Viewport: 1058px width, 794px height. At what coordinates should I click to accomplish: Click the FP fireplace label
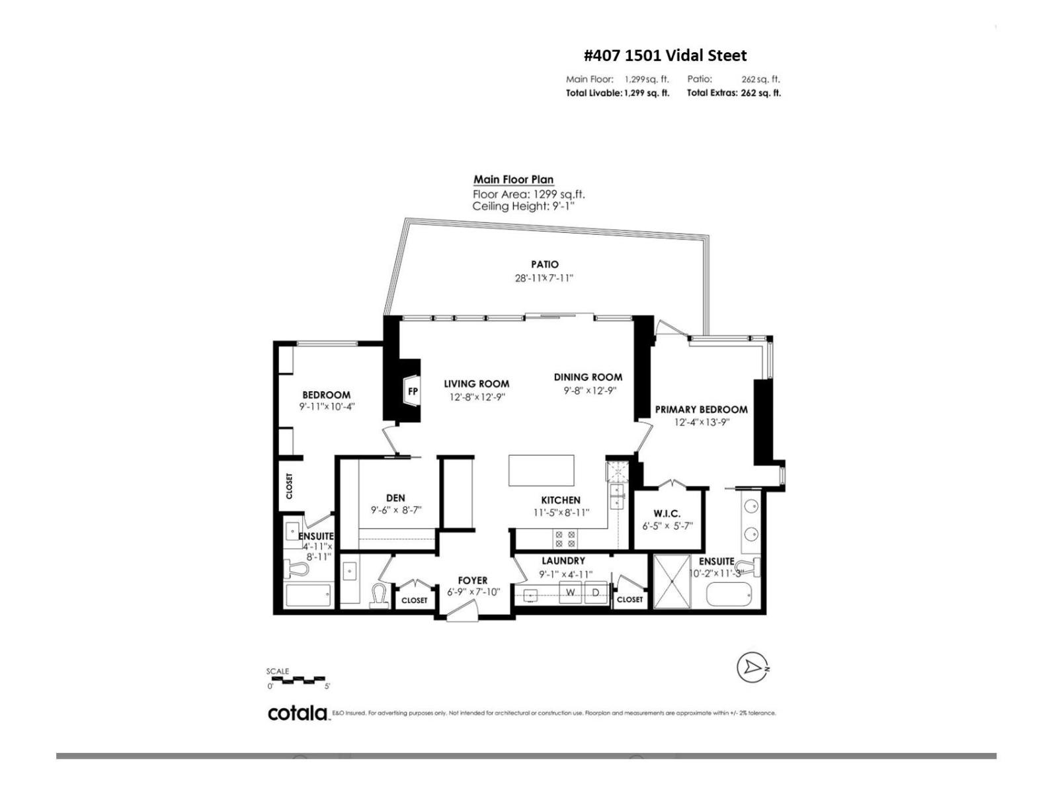click(413, 392)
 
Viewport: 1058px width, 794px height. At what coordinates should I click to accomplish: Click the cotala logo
click(298, 713)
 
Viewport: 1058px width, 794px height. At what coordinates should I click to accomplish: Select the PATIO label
click(544, 265)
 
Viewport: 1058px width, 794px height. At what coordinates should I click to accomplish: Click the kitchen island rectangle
click(541, 470)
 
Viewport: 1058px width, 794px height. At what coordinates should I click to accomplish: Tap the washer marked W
click(570, 593)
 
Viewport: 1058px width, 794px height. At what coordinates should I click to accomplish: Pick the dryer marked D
click(596, 593)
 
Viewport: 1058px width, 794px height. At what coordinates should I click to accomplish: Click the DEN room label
click(395, 498)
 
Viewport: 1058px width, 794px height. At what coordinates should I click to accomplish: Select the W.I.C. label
click(667, 514)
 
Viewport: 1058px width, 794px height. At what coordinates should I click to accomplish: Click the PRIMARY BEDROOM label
click(701, 410)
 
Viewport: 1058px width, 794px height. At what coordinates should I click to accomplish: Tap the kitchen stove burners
click(565, 539)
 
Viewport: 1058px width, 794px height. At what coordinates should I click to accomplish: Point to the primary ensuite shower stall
click(672, 582)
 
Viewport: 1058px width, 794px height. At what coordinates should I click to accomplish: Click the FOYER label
click(472, 580)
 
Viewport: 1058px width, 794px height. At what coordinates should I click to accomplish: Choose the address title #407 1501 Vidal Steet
click(665, 56)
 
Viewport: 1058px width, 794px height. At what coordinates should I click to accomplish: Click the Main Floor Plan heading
click(513, 179)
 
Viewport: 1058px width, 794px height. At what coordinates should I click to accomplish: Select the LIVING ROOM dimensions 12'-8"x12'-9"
click(477, 397)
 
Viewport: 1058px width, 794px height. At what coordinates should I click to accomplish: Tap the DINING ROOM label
click(588, 377)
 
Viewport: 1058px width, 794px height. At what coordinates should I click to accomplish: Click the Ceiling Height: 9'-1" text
click(524, 206)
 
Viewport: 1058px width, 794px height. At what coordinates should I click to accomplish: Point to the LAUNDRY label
click(563, 561)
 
